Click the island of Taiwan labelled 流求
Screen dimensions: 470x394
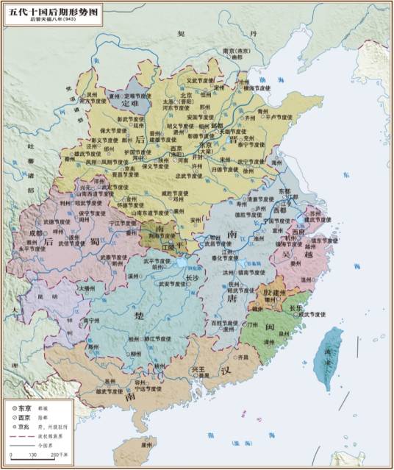tap(339, 353)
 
